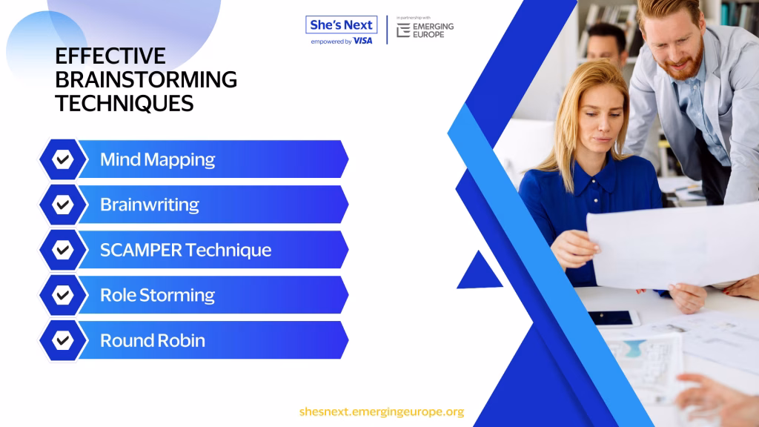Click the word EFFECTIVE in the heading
click(110, 56)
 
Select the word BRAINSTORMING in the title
click(146, 80)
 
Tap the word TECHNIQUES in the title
click(125, 104)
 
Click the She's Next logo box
click(341, 24)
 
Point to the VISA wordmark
click(363, 42)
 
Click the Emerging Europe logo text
click(433, 30)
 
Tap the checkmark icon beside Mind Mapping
click(63, 159)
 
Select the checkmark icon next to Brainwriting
click(63, 205)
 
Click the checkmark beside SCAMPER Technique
click(63, 250)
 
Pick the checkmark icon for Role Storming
click(63, 295)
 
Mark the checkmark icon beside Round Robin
click(63, 340)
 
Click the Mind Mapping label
click(157, 160)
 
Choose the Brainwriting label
click(150, 205)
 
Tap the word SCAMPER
click(141, 250)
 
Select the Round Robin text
click(153, 340)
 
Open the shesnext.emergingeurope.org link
click(382, 411)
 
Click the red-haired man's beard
click(685, 64)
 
